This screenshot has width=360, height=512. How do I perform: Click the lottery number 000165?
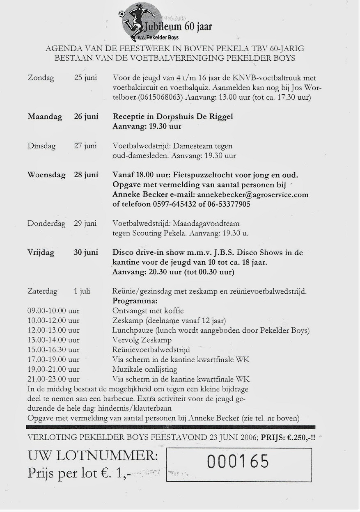click(x=238, y=462)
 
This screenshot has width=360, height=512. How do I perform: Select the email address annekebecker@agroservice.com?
click(x=252, y=194)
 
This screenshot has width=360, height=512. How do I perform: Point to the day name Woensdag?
click(x=46, y=175)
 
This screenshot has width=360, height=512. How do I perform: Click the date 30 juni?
click(x=86, y=252)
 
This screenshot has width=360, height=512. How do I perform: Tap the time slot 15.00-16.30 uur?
click(x=53, y=350)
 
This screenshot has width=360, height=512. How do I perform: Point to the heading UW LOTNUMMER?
click(x=92, y=456)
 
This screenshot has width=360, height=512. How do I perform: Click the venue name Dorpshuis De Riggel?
click(x=192, y=117)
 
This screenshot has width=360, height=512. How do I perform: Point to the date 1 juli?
click(x=82, y=291)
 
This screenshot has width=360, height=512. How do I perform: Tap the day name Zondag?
click(x=41, y=78)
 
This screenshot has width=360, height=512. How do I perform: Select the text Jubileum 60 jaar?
click(x=177, y=27)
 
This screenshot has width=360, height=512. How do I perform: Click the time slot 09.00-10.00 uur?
click(x=53, y=311)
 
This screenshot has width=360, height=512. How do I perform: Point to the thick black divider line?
click(x=170, y=427)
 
